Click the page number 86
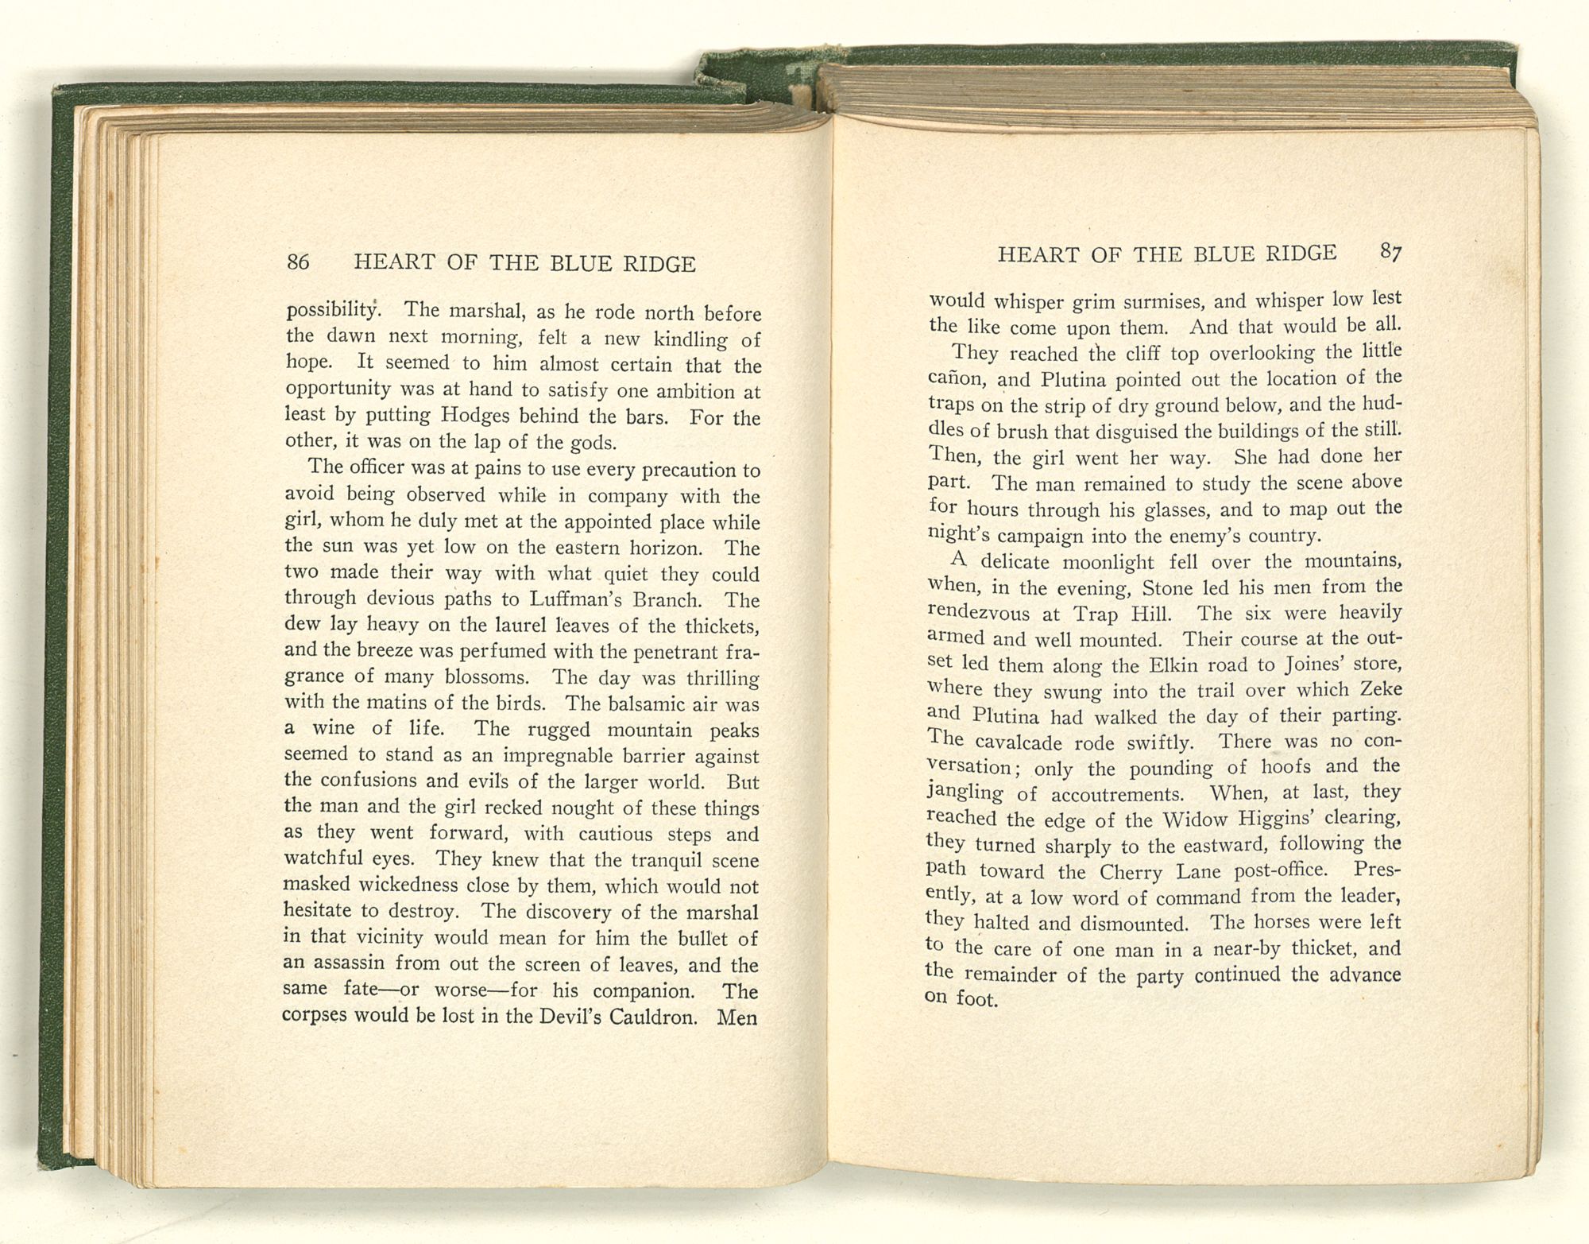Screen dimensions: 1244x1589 click(x=298, y=262)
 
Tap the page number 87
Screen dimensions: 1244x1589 click(x=1390, y=252)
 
